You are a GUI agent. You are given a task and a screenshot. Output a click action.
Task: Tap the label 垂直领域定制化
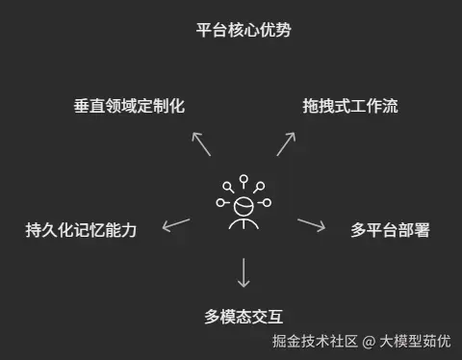pos(128,106)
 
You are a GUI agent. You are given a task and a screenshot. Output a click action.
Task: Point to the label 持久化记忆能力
pos(82,230)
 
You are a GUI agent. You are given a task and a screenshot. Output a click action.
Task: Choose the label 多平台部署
pos(390,230)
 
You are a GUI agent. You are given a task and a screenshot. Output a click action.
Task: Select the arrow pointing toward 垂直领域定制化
pos(201,143)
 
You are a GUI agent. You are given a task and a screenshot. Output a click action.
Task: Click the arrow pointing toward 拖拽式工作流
pos(285,143)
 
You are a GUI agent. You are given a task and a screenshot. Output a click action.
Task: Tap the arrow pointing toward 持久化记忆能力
pos(175,225)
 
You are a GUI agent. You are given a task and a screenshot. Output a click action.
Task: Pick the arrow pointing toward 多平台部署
pos(311,225)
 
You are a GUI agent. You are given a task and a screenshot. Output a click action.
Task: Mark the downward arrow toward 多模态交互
pos(244,272)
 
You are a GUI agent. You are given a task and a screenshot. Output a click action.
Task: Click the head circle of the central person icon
pos(244,205)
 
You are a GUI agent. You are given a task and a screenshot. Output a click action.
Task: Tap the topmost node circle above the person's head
pos(244,178)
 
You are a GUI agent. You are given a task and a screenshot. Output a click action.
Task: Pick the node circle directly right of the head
pos(267,204)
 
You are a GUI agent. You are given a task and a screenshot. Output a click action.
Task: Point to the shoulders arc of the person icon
pos(244,223)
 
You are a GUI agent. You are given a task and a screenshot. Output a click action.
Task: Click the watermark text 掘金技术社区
pos(315,341)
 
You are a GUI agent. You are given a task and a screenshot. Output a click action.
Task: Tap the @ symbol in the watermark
pos(369,341)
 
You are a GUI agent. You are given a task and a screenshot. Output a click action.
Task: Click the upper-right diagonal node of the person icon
pos(260,186)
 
